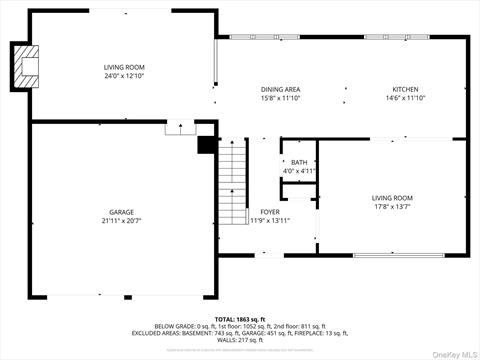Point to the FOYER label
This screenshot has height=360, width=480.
tap(270, 212)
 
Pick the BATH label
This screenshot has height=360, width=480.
tap(299, 162)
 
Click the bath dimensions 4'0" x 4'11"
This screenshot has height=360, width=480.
tap(299, 171)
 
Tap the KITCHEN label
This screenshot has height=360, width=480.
tap(405, 89)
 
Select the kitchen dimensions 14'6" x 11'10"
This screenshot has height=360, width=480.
tap(405, 98)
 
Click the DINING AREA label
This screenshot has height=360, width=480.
tap(280, 89)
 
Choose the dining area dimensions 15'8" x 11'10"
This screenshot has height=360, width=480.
tap(280, 98)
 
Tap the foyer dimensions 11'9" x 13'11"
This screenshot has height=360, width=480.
tap(270, 221)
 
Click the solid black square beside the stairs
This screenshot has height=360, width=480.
tap(207, 145)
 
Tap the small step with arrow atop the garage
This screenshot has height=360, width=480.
tap(180, 127)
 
